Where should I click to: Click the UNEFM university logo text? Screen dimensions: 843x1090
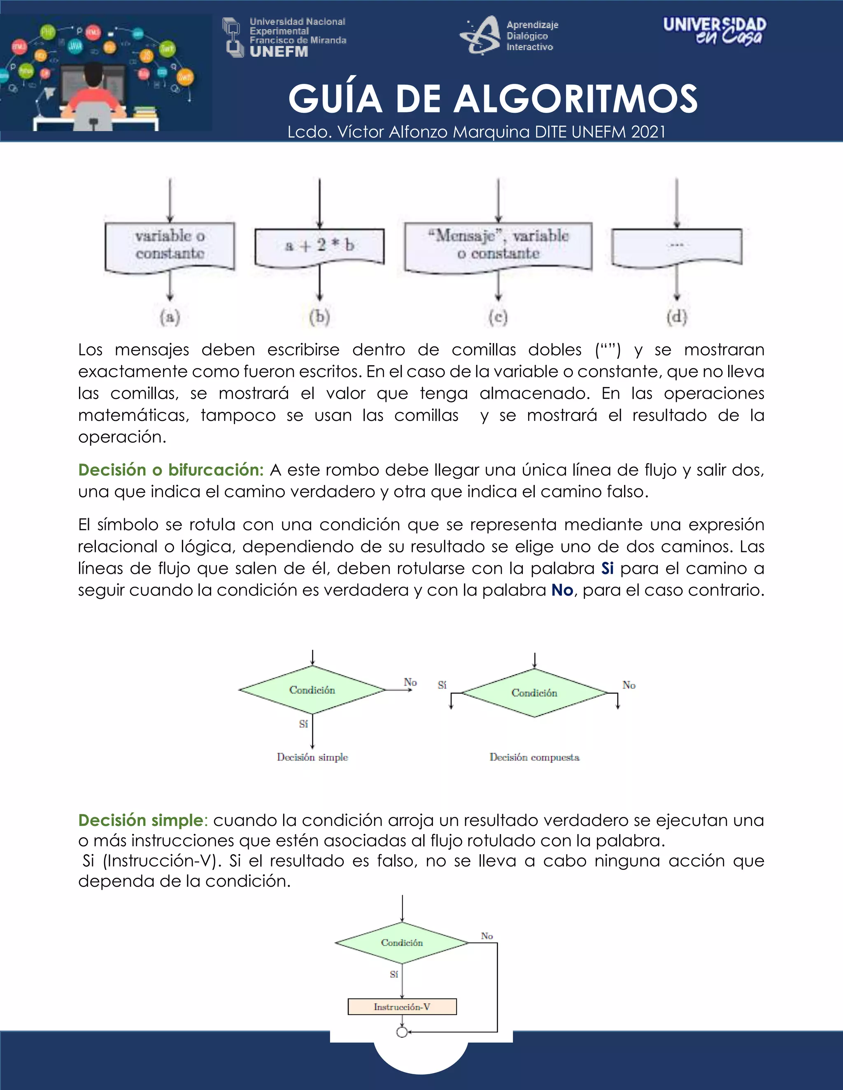pos(279,51)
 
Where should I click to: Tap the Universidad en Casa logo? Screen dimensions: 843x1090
pos(714,30)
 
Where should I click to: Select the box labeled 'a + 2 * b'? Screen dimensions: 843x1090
pos(319,246)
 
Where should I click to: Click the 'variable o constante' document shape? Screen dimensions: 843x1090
pos(170,245)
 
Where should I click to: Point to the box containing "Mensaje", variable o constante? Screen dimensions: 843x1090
pos(498,245)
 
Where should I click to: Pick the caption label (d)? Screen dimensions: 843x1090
pos(677,317)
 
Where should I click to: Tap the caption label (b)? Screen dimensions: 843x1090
pos(319,317)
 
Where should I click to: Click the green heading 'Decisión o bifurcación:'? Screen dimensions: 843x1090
pos(171,470)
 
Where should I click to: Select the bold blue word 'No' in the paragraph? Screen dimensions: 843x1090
pos(562,590)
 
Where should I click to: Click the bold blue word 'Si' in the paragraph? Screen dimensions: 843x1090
pos(607,568)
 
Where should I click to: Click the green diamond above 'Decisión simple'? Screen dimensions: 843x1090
pos(312,690)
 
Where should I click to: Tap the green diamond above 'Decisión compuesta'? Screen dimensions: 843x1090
pos(534,693)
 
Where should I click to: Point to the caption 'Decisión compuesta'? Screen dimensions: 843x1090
pos(534,757)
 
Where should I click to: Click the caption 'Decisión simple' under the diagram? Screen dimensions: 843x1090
pos(312,757)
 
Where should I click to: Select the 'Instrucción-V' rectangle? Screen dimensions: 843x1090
pos(402,1007)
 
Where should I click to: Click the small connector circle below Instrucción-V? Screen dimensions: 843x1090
pos(402,1032)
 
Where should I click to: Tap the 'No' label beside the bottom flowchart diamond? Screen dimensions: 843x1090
pos(487,936)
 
